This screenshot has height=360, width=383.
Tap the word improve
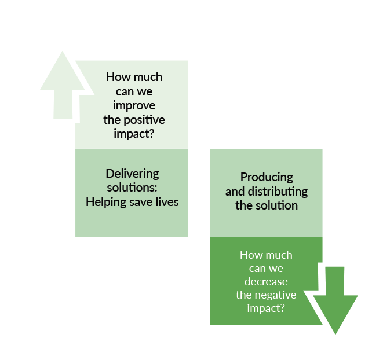(x=134, y=106)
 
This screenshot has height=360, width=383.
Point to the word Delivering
(x=132, y=174)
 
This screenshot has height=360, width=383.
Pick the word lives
(x=166, y=202)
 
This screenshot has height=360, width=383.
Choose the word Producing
(x=267, y=177)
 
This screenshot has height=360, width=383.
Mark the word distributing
(x=278, y=192)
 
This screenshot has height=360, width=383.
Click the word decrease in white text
(x=266, y=282)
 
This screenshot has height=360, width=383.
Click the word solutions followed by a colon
(x=132, y=188)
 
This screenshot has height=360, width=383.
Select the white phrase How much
(x=266, y=255)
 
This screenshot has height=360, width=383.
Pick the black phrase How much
(x=134, y=78)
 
